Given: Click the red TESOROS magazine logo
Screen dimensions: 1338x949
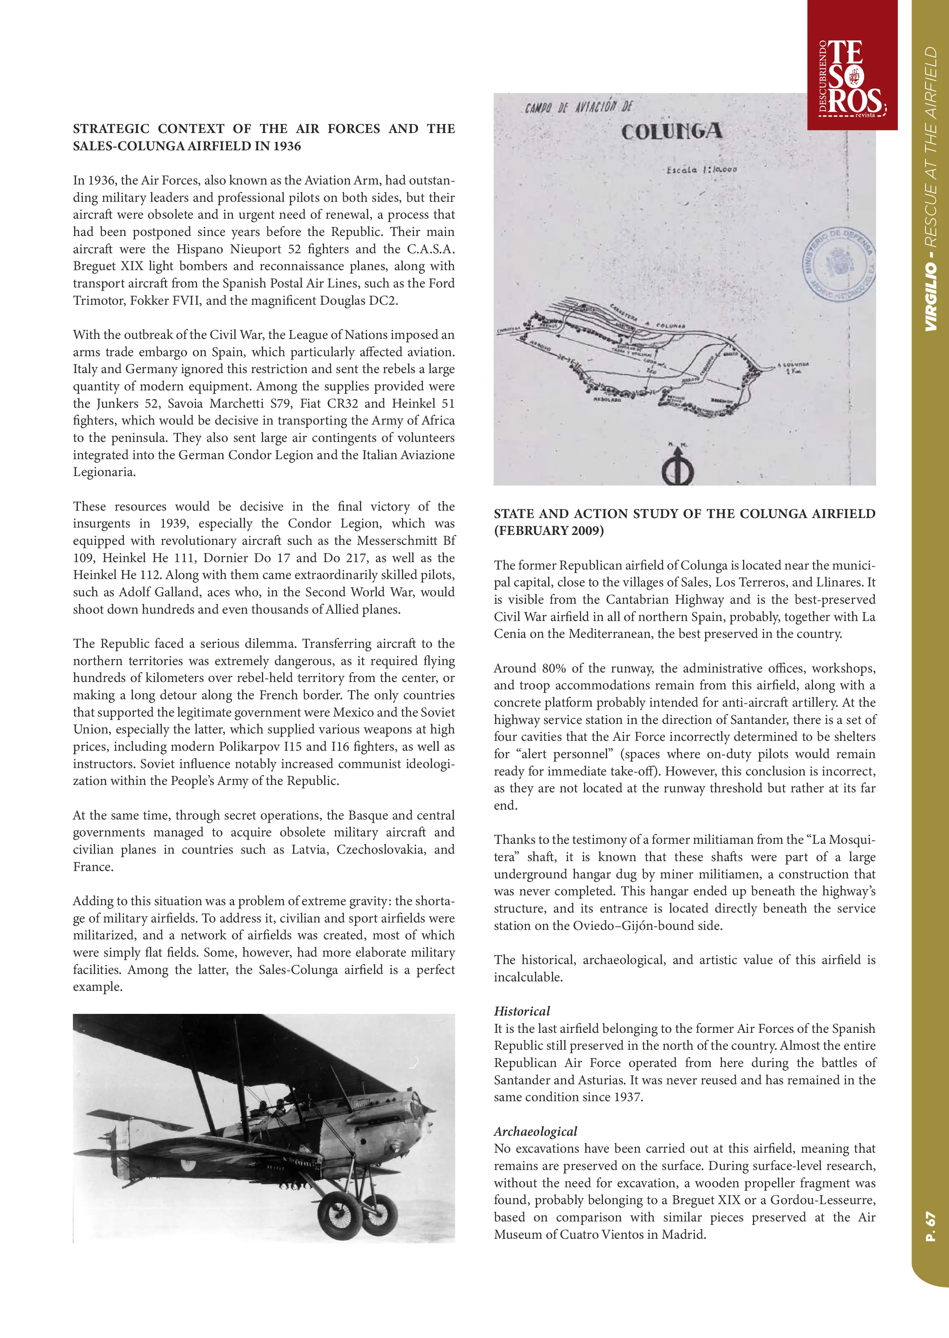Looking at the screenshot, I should pos(852,76).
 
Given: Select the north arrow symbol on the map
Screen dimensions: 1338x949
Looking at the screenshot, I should pos(678,467).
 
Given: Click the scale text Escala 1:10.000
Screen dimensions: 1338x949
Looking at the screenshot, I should pos(701,169).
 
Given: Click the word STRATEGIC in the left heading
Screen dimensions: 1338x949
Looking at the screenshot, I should pos(111,128).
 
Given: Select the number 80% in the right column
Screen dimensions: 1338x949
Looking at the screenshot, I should pos(554,668).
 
